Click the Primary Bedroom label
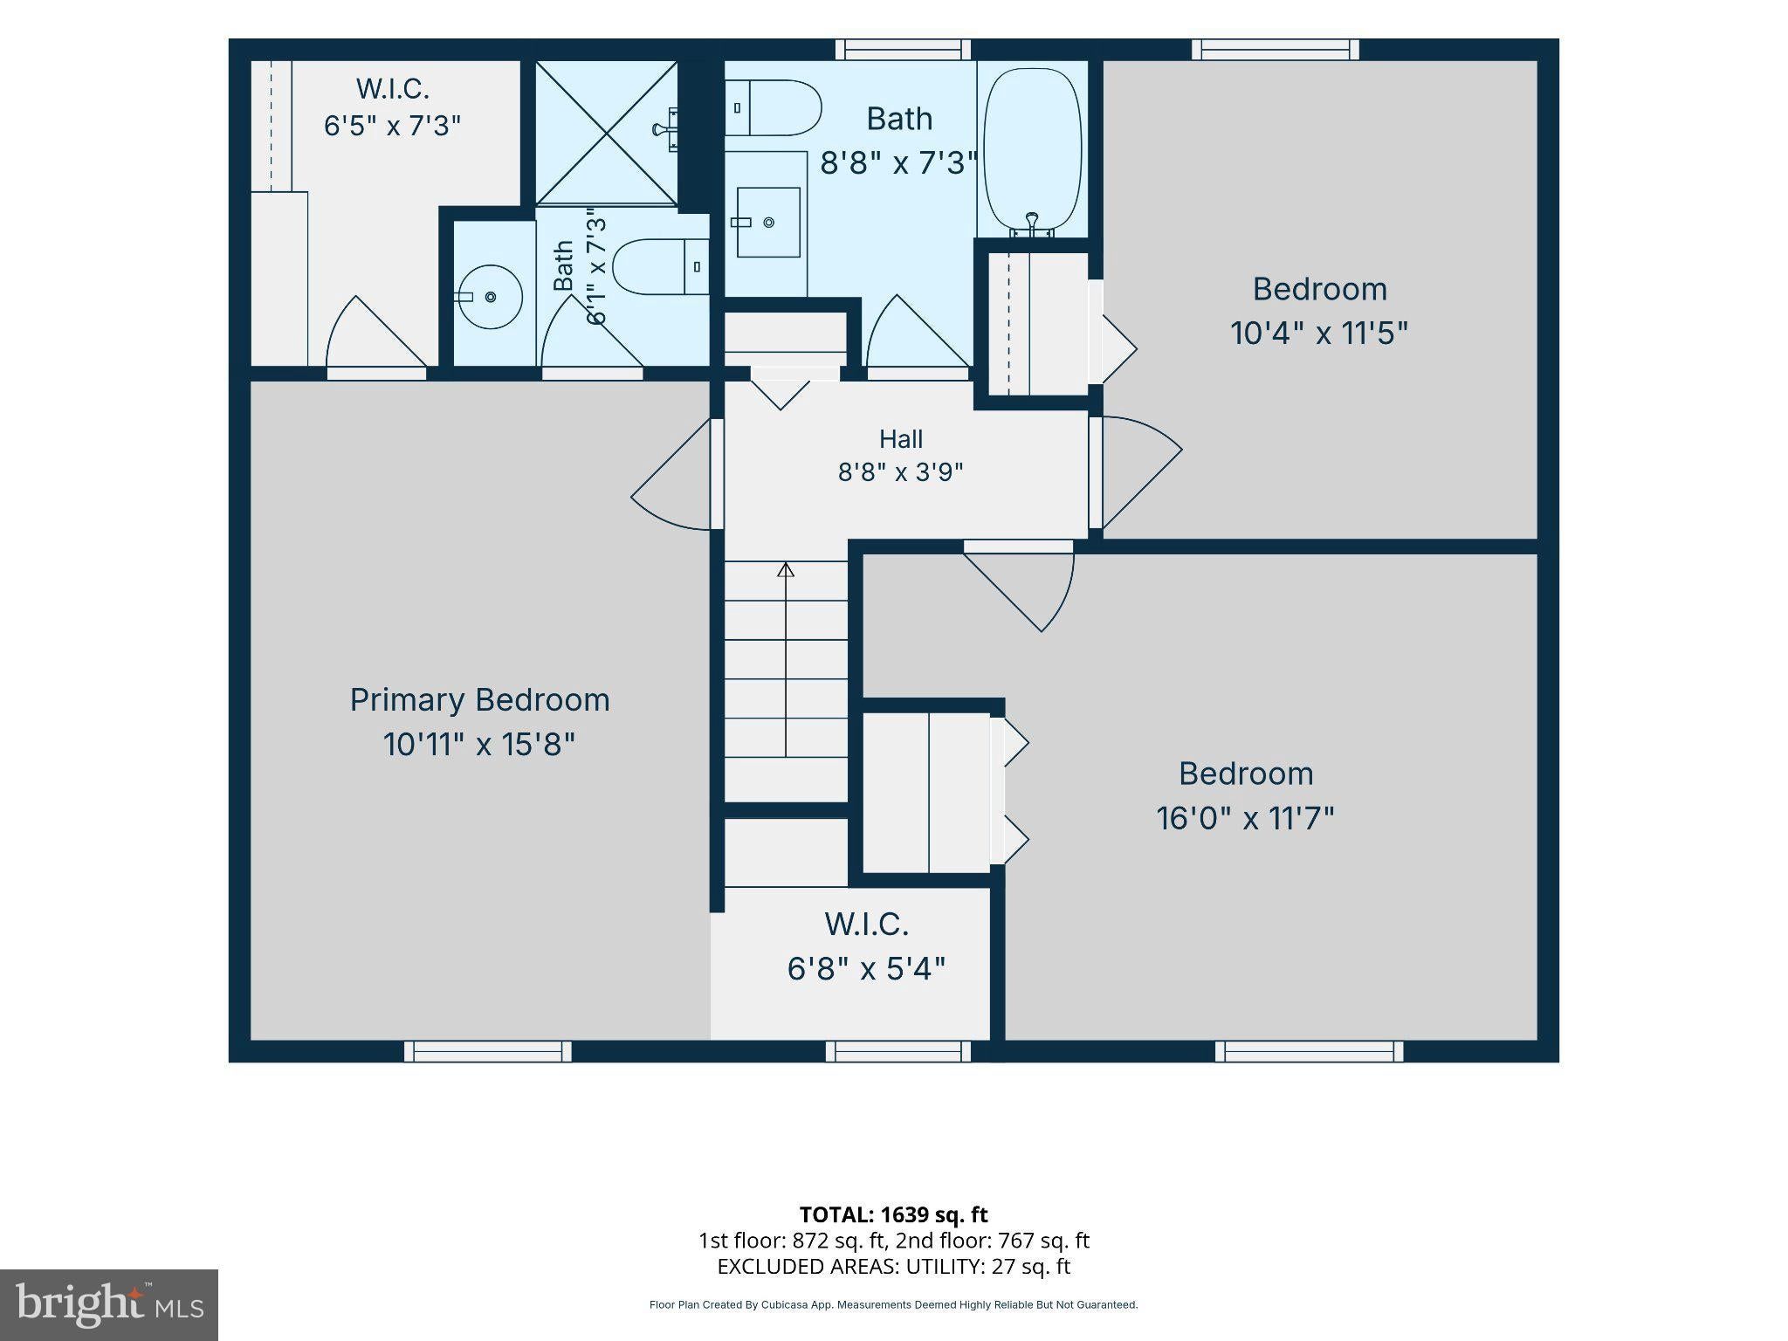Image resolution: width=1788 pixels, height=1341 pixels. pyautogui.click(x=479, y=701)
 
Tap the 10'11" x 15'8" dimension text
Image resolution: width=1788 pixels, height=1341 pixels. pyautogui.click(x=479, y=745)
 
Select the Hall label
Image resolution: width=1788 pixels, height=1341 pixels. pyautogui.click(x=901, y=438)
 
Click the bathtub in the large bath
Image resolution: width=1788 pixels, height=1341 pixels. pyautogui.click(x=1032, y=152)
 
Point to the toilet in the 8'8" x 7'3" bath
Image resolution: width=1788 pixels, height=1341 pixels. pyautogui.click(x=773, y=108)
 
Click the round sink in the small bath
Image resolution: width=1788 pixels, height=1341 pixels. pyautogui.click(x=489, y=297)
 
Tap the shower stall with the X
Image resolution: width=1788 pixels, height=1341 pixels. pyautogui.click(x=606, y=133)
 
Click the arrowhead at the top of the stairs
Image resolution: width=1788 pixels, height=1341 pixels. pyautogui.click(x=786, y=570)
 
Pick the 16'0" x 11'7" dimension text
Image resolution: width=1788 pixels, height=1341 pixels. pyautogui.click(x=1246, y=819)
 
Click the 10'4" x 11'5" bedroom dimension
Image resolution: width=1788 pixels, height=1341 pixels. pyautogui.click(x=1319, y=334)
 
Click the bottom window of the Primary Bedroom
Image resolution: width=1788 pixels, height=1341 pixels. pyautogui.click(x=488, y=1051)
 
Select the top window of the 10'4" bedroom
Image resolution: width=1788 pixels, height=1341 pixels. pyautogui.click(x=1276, y=50)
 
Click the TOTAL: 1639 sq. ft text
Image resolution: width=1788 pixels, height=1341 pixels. pyautogui.click(x=894, y=1214)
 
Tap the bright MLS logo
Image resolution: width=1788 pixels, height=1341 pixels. pyautogui.click(x=109, y=1304)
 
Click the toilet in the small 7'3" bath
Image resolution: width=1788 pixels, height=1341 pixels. pyautogui.click(x=660, y=266)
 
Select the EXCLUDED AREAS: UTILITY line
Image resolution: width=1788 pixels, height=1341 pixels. pyautogui.click(x=894, y=1266)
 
